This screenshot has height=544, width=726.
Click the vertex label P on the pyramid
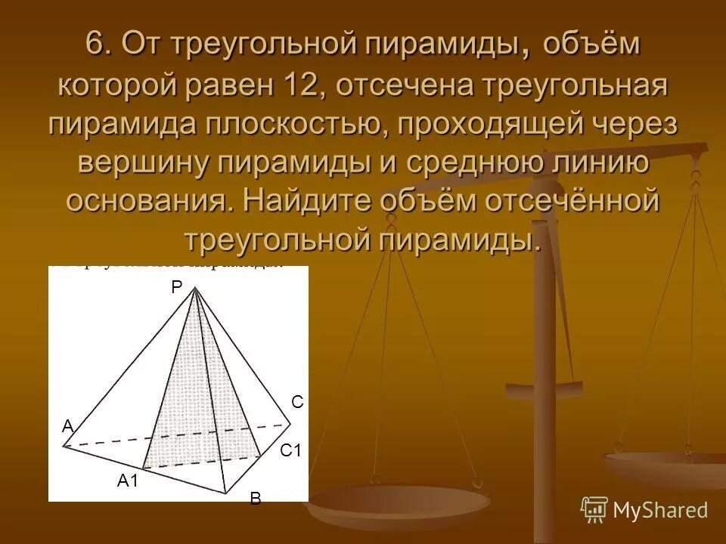click(x=175, y=286)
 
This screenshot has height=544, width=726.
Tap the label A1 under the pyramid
click(x=127, y=480)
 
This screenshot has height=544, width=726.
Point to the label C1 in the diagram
click(x=290, y=451)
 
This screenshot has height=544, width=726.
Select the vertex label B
click(x=255, y=499)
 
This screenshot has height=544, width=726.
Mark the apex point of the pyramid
click(x=196, y=289)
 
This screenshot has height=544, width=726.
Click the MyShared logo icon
click(x=594, y=509)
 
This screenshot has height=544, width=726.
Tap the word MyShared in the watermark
click(x=660, y=510)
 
